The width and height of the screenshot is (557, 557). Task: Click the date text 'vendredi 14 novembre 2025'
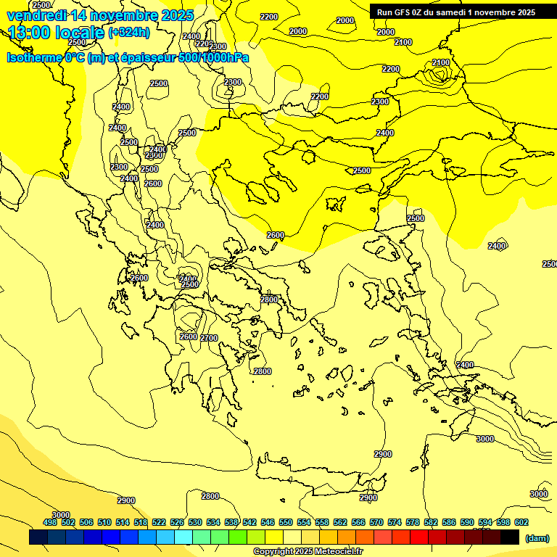[100, 15]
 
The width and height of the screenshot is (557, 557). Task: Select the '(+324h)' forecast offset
[130, 33]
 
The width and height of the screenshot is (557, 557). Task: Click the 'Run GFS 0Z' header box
[455, 12]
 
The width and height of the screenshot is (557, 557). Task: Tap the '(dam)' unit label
[537, 537]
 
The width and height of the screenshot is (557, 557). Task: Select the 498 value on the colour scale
[50, 522]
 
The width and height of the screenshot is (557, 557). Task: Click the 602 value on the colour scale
[521, 522]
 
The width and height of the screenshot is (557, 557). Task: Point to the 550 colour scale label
[286, 522]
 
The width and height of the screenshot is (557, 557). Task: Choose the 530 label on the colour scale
[195, 522]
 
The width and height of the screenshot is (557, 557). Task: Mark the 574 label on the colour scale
[395, 522]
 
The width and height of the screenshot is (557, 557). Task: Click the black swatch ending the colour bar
[510, 537]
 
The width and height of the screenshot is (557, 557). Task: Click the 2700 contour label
[209, 338]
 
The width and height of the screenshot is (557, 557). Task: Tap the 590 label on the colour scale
[467, 522]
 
